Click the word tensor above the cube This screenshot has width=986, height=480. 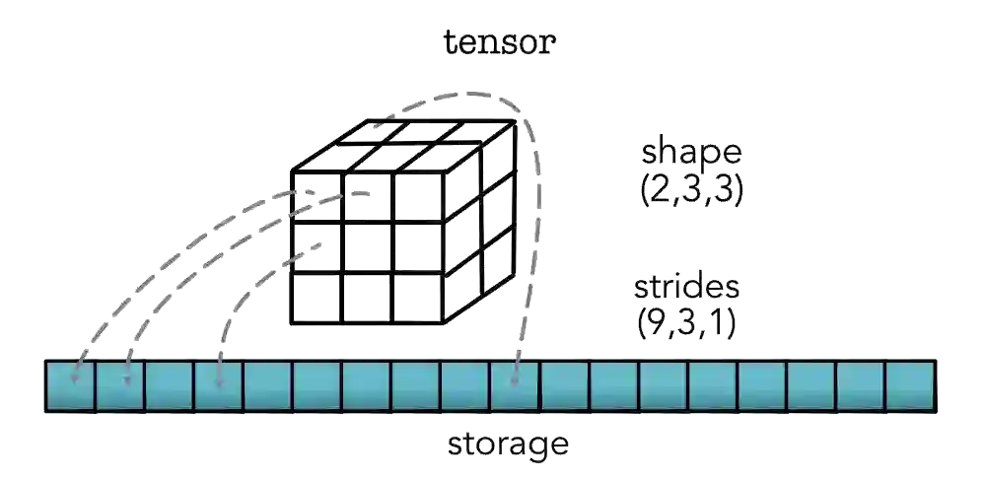click(x=502, y=42)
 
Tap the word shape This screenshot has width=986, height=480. click(x=690, y=154)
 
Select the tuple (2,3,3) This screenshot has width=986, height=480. click(x=690, y=189)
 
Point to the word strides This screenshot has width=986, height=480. click(x=687, y=289)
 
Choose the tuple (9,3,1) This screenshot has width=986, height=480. click(x=687, y=324)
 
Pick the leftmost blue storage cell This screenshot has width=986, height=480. click(x=71, y=385)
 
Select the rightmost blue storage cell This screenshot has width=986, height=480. click(x=909, y=385)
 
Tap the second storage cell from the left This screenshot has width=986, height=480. click(x=120, y=385)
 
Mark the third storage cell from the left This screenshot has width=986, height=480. click(x=170, y=385)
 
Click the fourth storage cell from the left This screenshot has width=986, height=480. click(x=219, y=385)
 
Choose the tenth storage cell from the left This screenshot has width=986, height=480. click(x=515, y=385)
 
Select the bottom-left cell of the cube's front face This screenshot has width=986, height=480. click(x=316, y=298)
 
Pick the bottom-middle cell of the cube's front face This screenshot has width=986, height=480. click(x=367, y=298)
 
